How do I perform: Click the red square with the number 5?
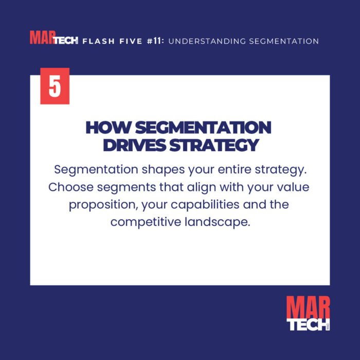[55, 86]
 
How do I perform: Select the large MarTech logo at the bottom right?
[308, 313]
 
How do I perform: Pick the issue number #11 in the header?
[155, 41]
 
